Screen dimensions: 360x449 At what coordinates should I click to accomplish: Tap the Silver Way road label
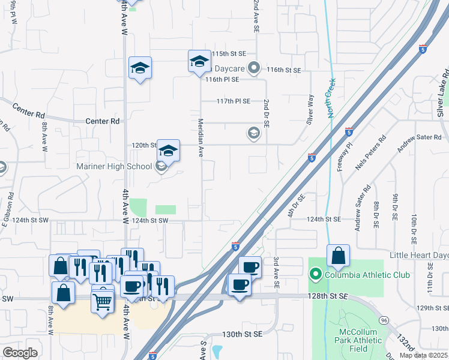[x=310, y=108]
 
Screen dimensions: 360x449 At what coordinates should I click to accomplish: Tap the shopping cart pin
[x=103, y=302]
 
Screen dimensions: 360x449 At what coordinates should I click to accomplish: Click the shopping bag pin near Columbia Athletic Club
[x=339, y=256]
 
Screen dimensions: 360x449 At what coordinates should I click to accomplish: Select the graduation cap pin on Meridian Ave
[x=199, y=62]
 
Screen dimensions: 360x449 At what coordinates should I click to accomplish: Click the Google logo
[x=20, y=353]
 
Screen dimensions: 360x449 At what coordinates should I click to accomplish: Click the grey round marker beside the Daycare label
[x=254, y=67]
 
